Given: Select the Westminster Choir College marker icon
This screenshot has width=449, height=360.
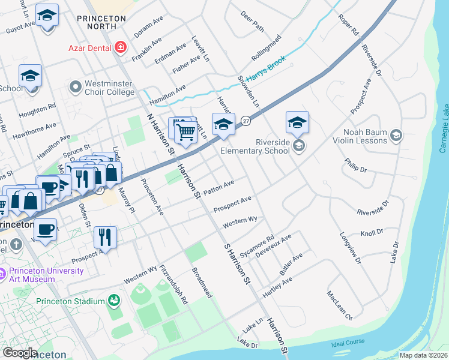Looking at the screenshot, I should tap(75, 88).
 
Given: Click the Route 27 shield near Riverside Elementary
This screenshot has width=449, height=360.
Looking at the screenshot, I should tap(246, 121).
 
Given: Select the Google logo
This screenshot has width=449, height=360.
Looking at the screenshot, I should tap(20, 353).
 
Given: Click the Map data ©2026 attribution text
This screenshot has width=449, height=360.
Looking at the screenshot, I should tap(424, 355).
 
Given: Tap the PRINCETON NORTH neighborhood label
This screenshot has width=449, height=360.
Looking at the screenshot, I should tap(101, 23).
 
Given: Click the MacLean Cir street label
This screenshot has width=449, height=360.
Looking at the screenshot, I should tap(339, 304).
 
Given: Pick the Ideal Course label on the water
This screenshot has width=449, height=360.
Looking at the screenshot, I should tap(348, 342).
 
